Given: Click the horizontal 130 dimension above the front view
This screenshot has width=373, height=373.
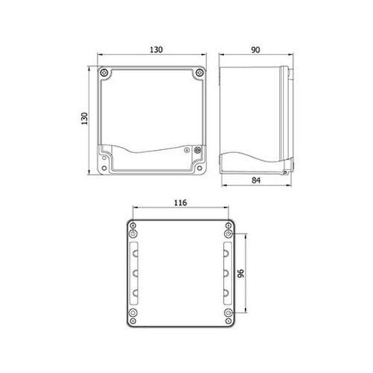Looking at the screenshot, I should coord(155,49).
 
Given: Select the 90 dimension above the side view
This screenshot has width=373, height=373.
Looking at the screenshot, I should coord(256,49).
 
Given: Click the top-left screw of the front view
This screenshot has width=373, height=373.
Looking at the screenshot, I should coord(105,74).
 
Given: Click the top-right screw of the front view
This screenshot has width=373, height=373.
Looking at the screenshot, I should coord(200,74).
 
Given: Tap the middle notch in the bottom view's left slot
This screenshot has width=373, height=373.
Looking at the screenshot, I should coord(136,274).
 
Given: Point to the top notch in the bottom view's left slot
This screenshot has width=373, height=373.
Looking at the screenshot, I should coord(136,253).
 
